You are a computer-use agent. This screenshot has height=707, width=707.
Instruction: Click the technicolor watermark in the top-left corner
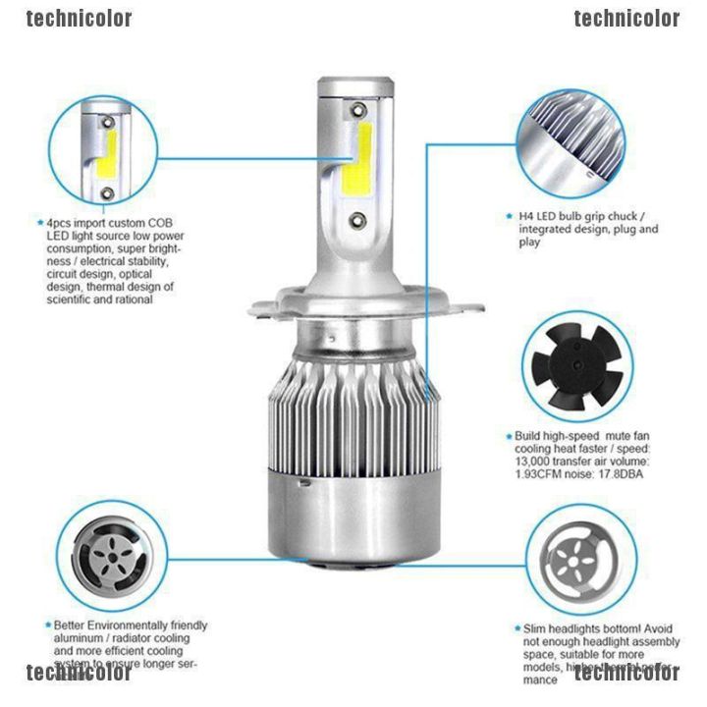80,18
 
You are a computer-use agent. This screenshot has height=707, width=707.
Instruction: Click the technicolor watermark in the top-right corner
626,18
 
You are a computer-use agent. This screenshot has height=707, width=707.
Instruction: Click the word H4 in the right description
525,216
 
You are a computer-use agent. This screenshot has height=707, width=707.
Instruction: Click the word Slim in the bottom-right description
526,627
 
